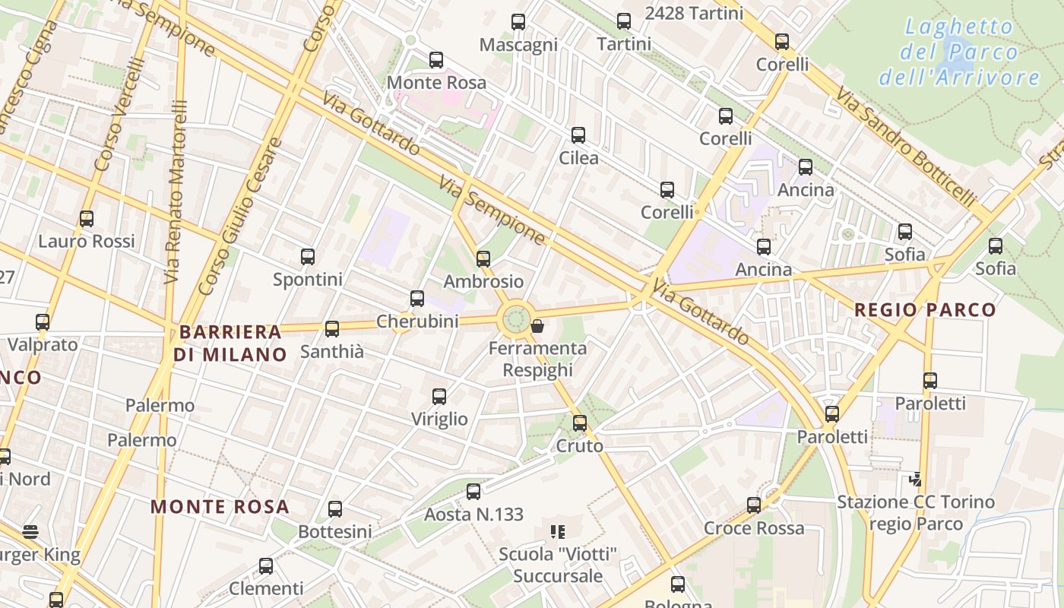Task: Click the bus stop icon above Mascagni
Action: [518, 22]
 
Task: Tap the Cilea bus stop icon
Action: [578, 135]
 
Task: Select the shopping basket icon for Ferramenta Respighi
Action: [537, 326]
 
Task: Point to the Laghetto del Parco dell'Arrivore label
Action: [959, 52]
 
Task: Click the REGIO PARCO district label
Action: [924, 310]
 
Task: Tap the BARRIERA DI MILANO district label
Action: [230, 343]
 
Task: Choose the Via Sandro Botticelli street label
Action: [906, 148]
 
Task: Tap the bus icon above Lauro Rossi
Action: [87, 219]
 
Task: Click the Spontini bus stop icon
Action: [308, 257]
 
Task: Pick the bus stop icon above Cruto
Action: [580, 423]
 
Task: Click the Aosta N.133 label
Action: [473, 515]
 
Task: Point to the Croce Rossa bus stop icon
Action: [754, 505]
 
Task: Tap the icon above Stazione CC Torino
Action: [916, 479]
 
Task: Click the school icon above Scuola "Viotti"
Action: [558, 532]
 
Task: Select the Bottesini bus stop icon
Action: [335, 509]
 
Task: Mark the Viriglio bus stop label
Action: [439, 419]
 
